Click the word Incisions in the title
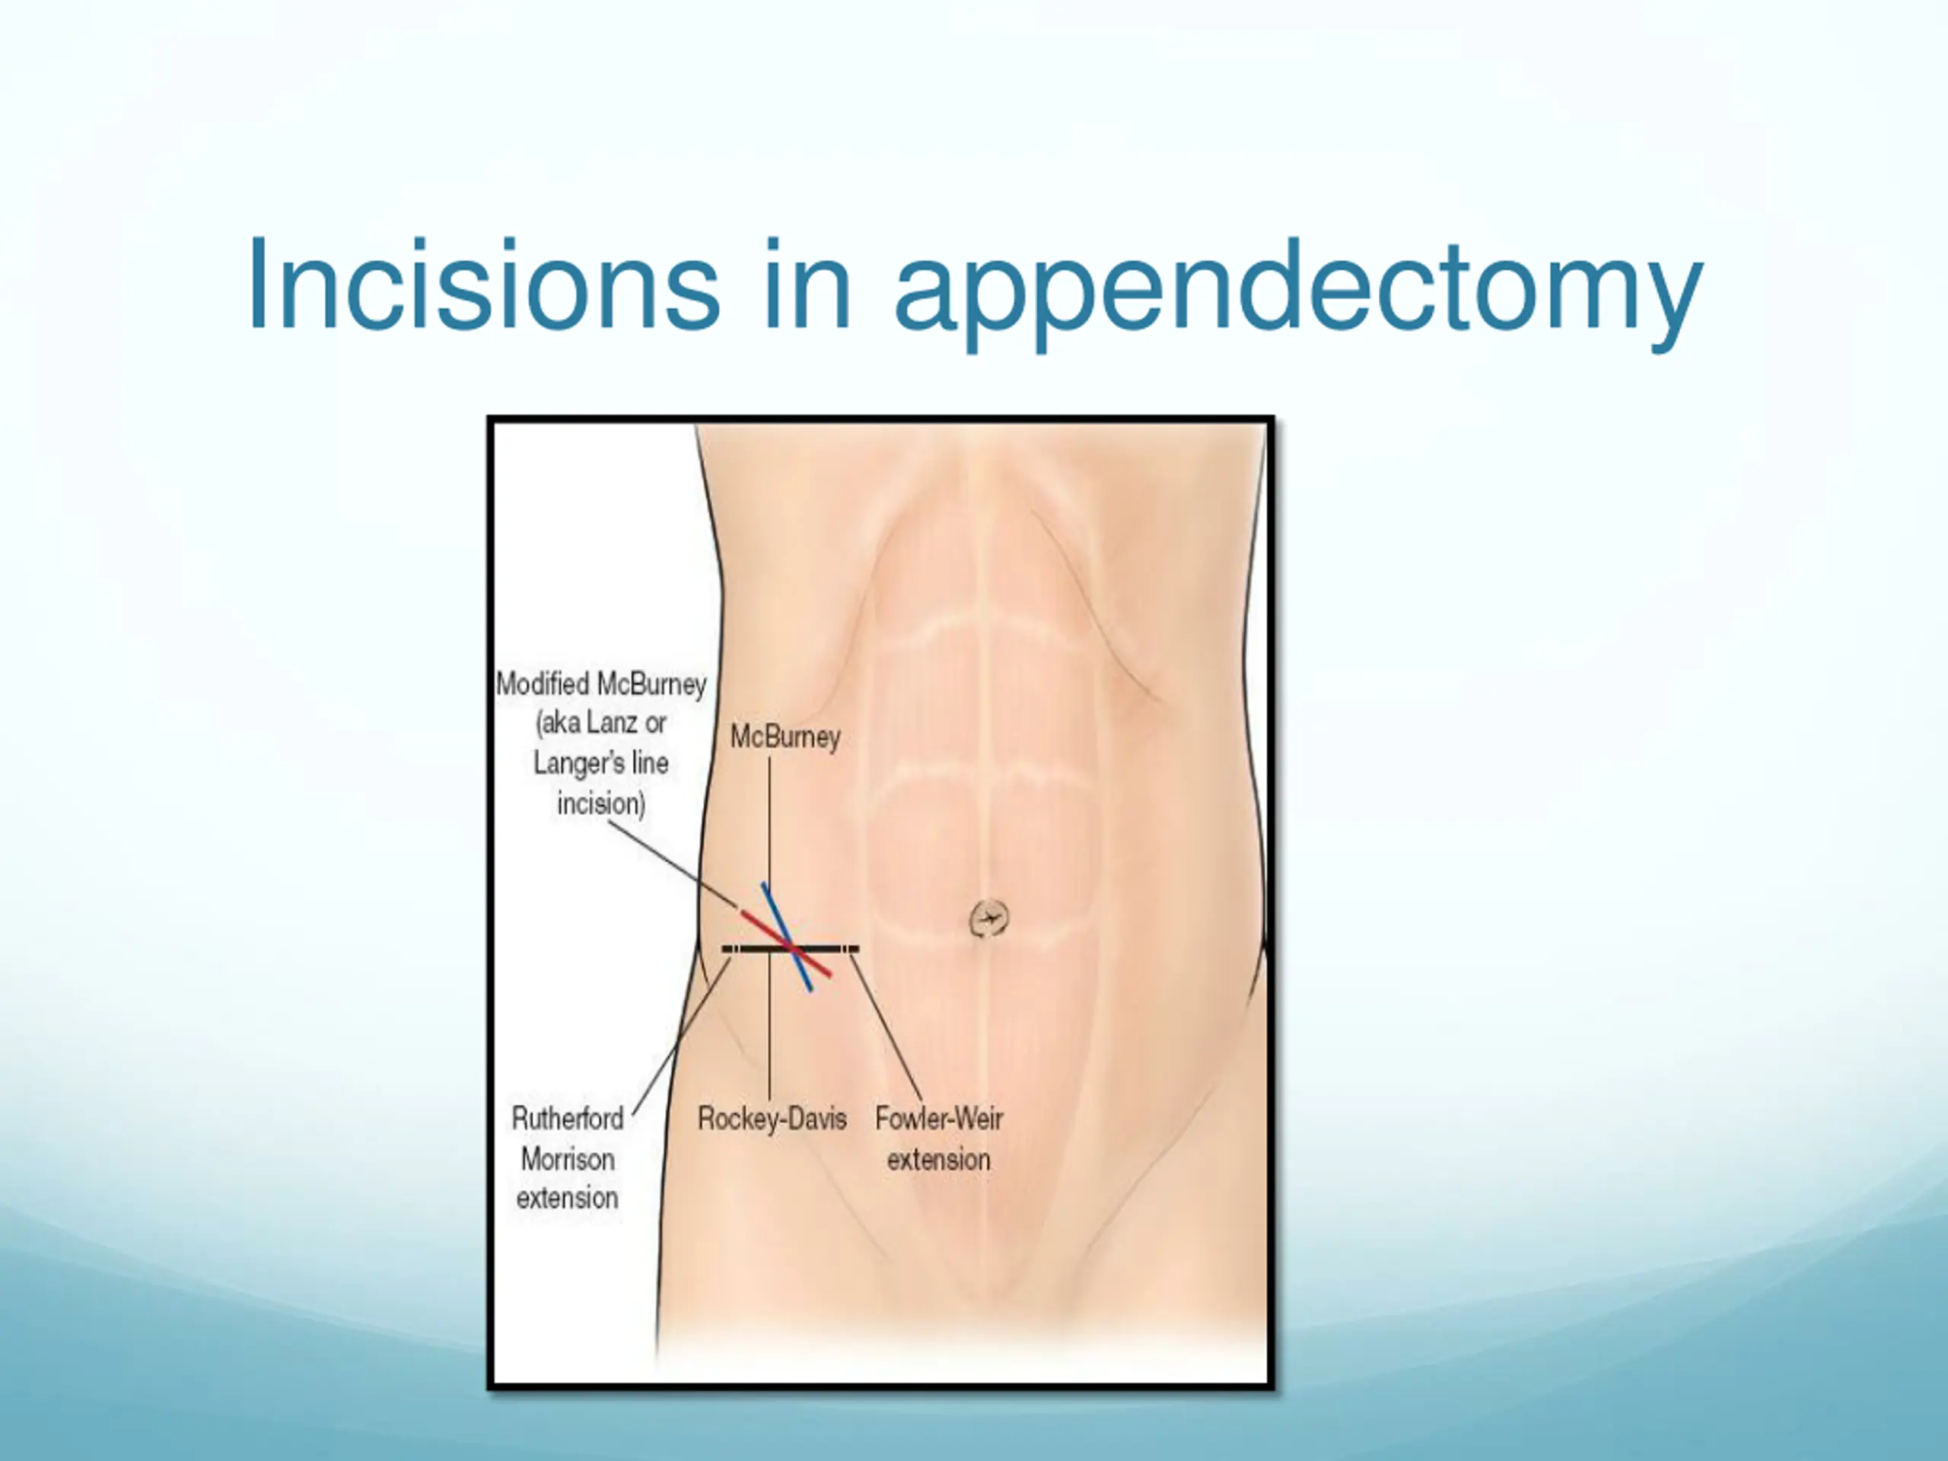click(482, 285)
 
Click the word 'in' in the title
click(807, 285)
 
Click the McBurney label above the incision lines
click(785, 737)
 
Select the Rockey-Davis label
click(772, 1119)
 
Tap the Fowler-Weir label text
click(939, 1119)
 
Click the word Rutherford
click(568, 1119)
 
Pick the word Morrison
click(568, 1159)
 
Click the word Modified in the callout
click(543, 683)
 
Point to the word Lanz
click(611, 723)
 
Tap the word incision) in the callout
click(601, 803)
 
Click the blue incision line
click(786, 937)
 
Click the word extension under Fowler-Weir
click(939, 1159)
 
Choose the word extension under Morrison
click(568, 1198)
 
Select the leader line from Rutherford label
click(682, 1036)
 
